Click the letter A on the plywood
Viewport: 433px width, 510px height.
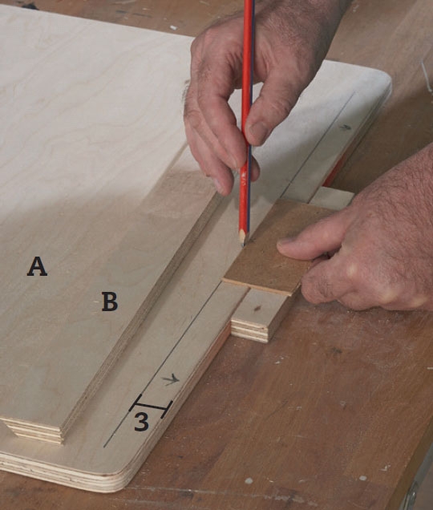pyautogui.click(x=37, y=266)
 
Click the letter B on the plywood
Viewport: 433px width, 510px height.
pyautogui.click(x=110, y=302)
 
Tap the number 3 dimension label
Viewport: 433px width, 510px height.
pyautogui.click(x=141, y=422)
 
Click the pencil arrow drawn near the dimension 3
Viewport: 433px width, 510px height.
pyautogui.click(x=171, y=379)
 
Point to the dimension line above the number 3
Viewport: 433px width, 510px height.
pyautogui.click(x=151, y=407)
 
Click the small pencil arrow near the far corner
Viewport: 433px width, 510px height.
pyautogui.click(x=346, y=127)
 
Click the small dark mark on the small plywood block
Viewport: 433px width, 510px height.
pyautogui.click(x=257, y=308)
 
